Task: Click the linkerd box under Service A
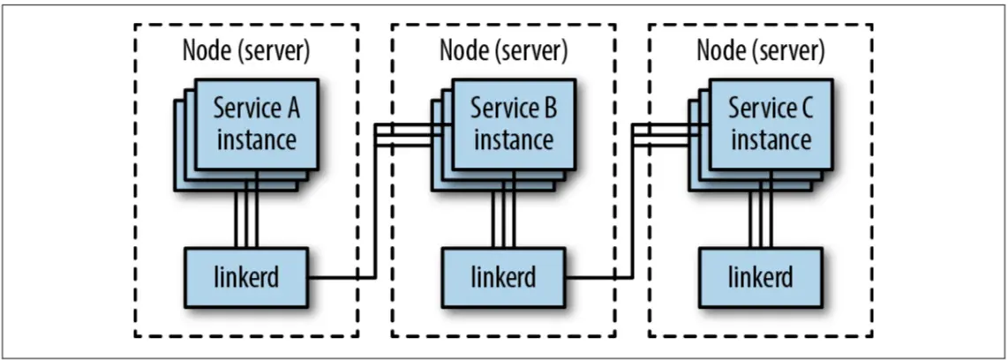coord(245,276)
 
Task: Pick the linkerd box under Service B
coord(503,276)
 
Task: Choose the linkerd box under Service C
coord(760,276)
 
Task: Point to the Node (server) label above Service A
coord(245,50)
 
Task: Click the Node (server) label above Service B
coord(503,50)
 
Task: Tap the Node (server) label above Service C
coord(761,50)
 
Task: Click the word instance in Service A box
coord(256,139)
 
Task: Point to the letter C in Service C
coord(805,109)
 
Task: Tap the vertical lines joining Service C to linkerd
coord(761,219)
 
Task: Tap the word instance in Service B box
coord(514,139)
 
